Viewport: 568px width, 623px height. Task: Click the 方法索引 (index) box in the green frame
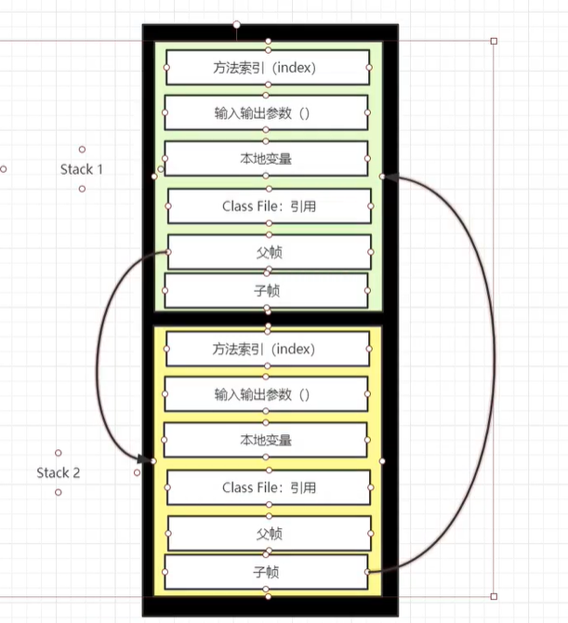268,67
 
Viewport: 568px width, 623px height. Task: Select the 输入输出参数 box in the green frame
268,113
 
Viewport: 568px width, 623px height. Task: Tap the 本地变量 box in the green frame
268,158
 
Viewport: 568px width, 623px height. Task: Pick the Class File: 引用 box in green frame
268,205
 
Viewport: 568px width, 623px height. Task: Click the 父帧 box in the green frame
268,251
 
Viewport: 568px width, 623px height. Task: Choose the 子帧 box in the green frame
268,290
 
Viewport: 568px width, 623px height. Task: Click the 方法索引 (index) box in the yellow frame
268,349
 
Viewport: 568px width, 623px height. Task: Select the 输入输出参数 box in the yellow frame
268,394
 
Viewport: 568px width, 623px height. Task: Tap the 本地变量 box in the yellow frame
268,440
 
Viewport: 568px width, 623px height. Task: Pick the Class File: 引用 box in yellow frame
268,487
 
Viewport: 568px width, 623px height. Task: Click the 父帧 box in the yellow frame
268,534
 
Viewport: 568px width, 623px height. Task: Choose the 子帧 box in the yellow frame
268,573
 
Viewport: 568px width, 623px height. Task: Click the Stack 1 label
82,169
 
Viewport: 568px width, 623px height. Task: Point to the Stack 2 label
59,472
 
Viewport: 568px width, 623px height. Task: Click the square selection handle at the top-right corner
494,41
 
